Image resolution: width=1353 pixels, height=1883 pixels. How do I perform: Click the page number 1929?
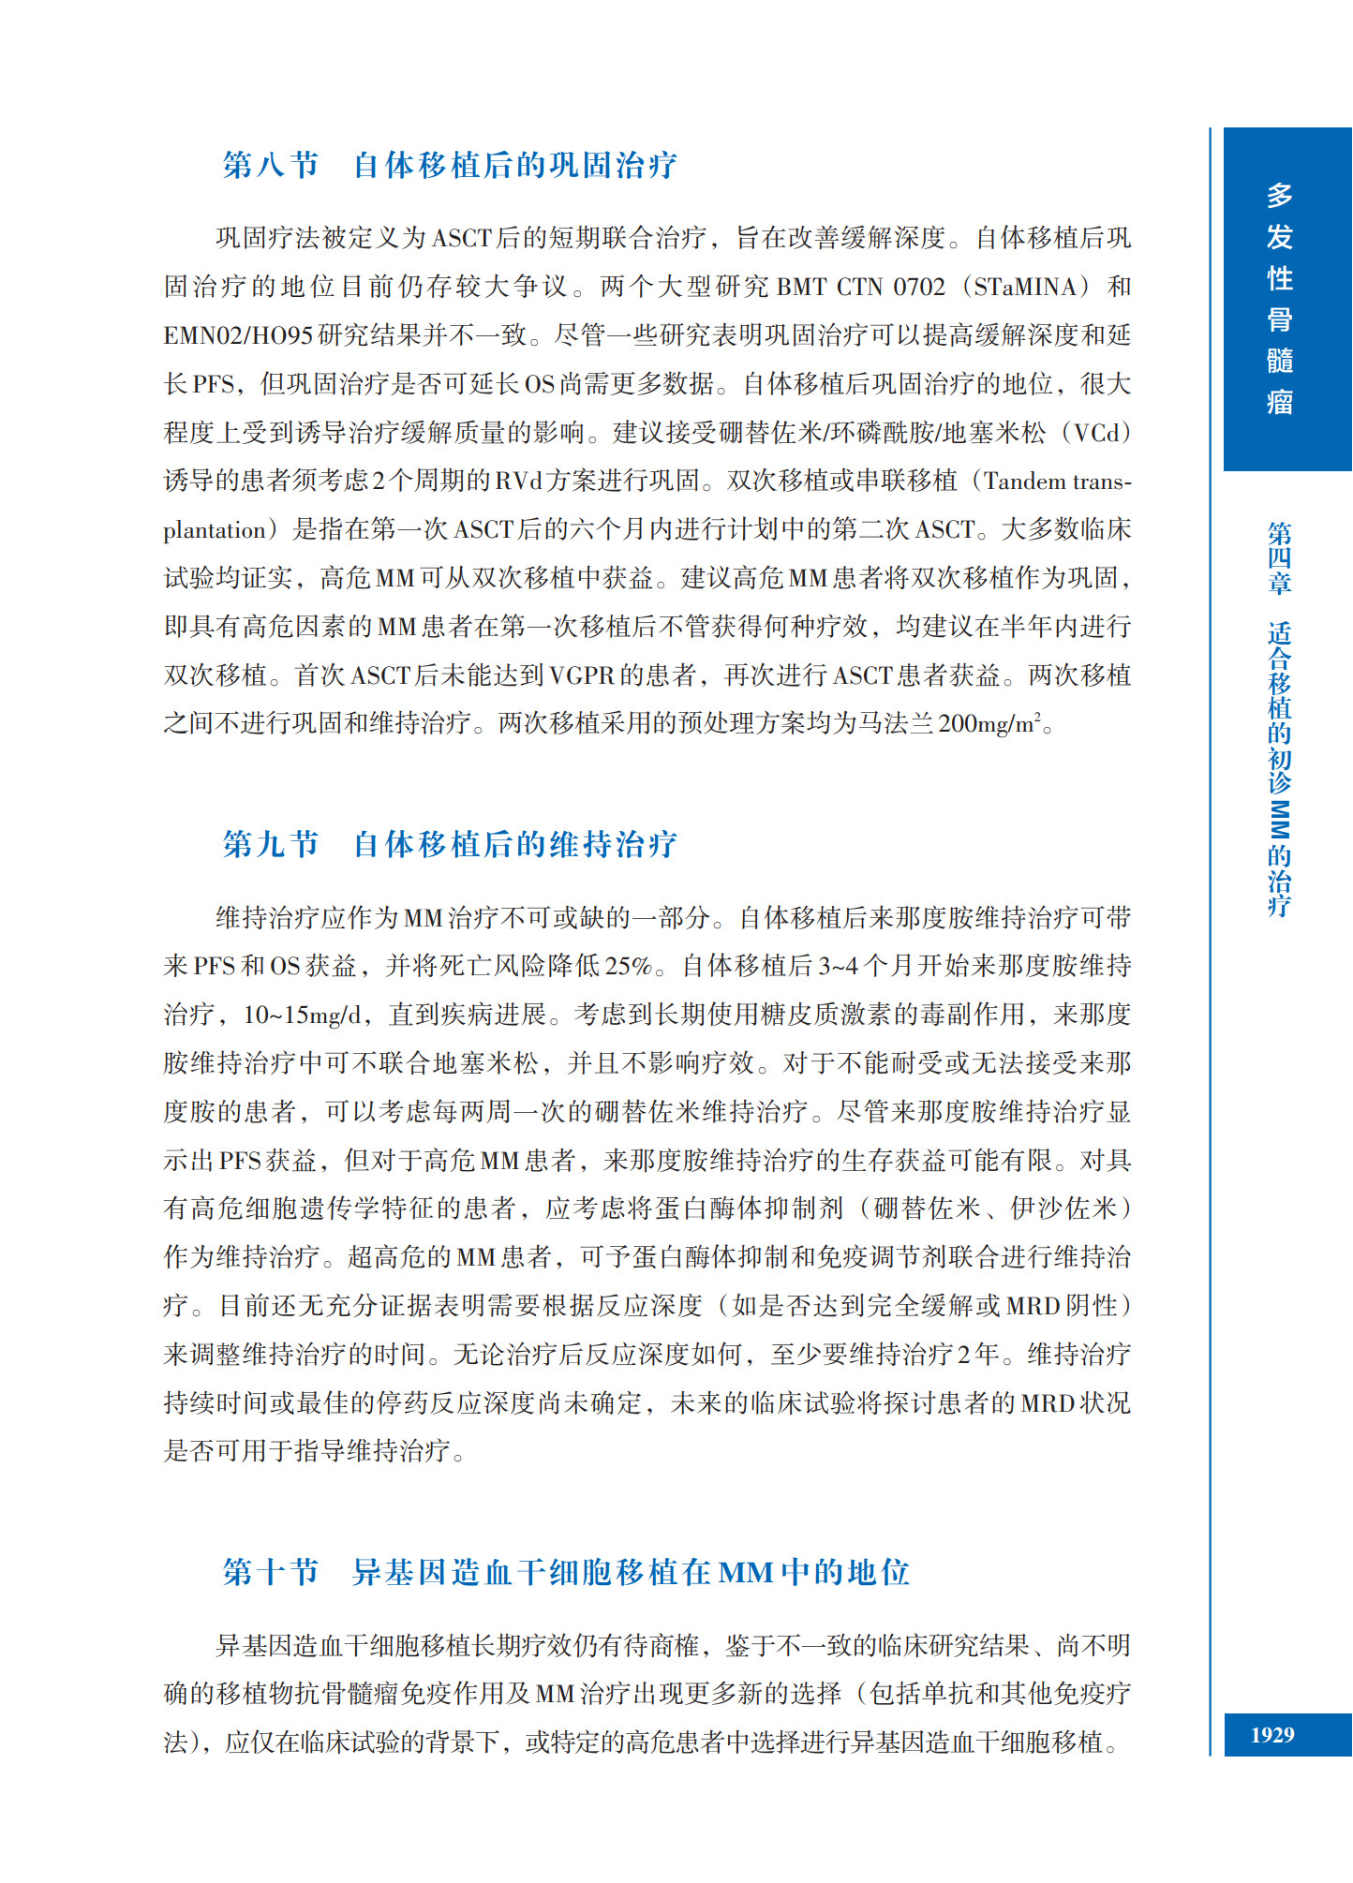(x=1271, y=1735)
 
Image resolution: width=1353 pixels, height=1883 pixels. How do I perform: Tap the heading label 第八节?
(x=270, y=165)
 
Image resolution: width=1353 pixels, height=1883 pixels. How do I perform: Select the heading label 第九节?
(x=270, y=844)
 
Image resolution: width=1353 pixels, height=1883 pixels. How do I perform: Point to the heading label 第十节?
(x=270, y=1572)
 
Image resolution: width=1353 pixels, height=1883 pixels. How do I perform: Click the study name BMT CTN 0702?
(x=861, y=287)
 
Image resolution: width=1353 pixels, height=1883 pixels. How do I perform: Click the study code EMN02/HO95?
(x=238, y=335)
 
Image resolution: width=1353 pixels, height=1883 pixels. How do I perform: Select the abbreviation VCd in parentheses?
(x=1096, y=433)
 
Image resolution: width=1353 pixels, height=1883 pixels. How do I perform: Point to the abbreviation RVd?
(x=518, y=482)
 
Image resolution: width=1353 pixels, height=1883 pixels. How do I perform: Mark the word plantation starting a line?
(x=215, y=530)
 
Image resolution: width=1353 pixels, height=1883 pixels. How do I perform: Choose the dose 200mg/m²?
(x=989, y=724)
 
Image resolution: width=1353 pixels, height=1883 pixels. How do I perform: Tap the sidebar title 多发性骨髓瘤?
(x=1279, y=298)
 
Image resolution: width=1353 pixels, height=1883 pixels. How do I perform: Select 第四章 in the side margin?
(x=1279, y=558)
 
